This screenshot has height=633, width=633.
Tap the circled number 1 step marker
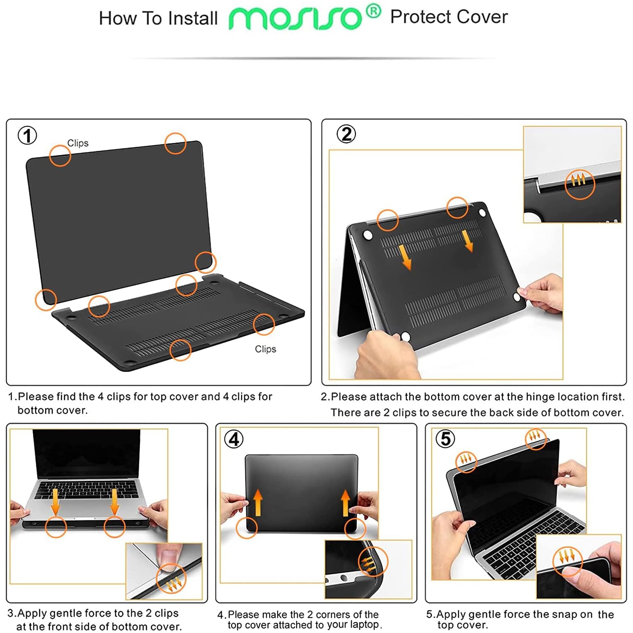click(27, 136)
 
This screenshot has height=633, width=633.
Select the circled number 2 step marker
click(346, 134)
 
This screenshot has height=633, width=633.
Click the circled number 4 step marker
click(234, 439)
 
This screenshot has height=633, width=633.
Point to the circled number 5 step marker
click(445, 439)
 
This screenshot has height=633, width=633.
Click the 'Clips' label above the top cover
click(78, 143)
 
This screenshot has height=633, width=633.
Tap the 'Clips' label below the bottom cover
click(265, 349)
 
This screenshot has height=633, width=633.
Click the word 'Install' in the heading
click(192, 19)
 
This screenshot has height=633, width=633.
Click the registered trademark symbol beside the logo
click(373, 11)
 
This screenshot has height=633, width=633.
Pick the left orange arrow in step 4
click(258, 503)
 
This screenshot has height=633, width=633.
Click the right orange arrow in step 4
click(346, 503)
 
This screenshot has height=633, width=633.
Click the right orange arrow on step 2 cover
click(468, 241)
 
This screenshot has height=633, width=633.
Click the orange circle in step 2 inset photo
click(580, 184)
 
